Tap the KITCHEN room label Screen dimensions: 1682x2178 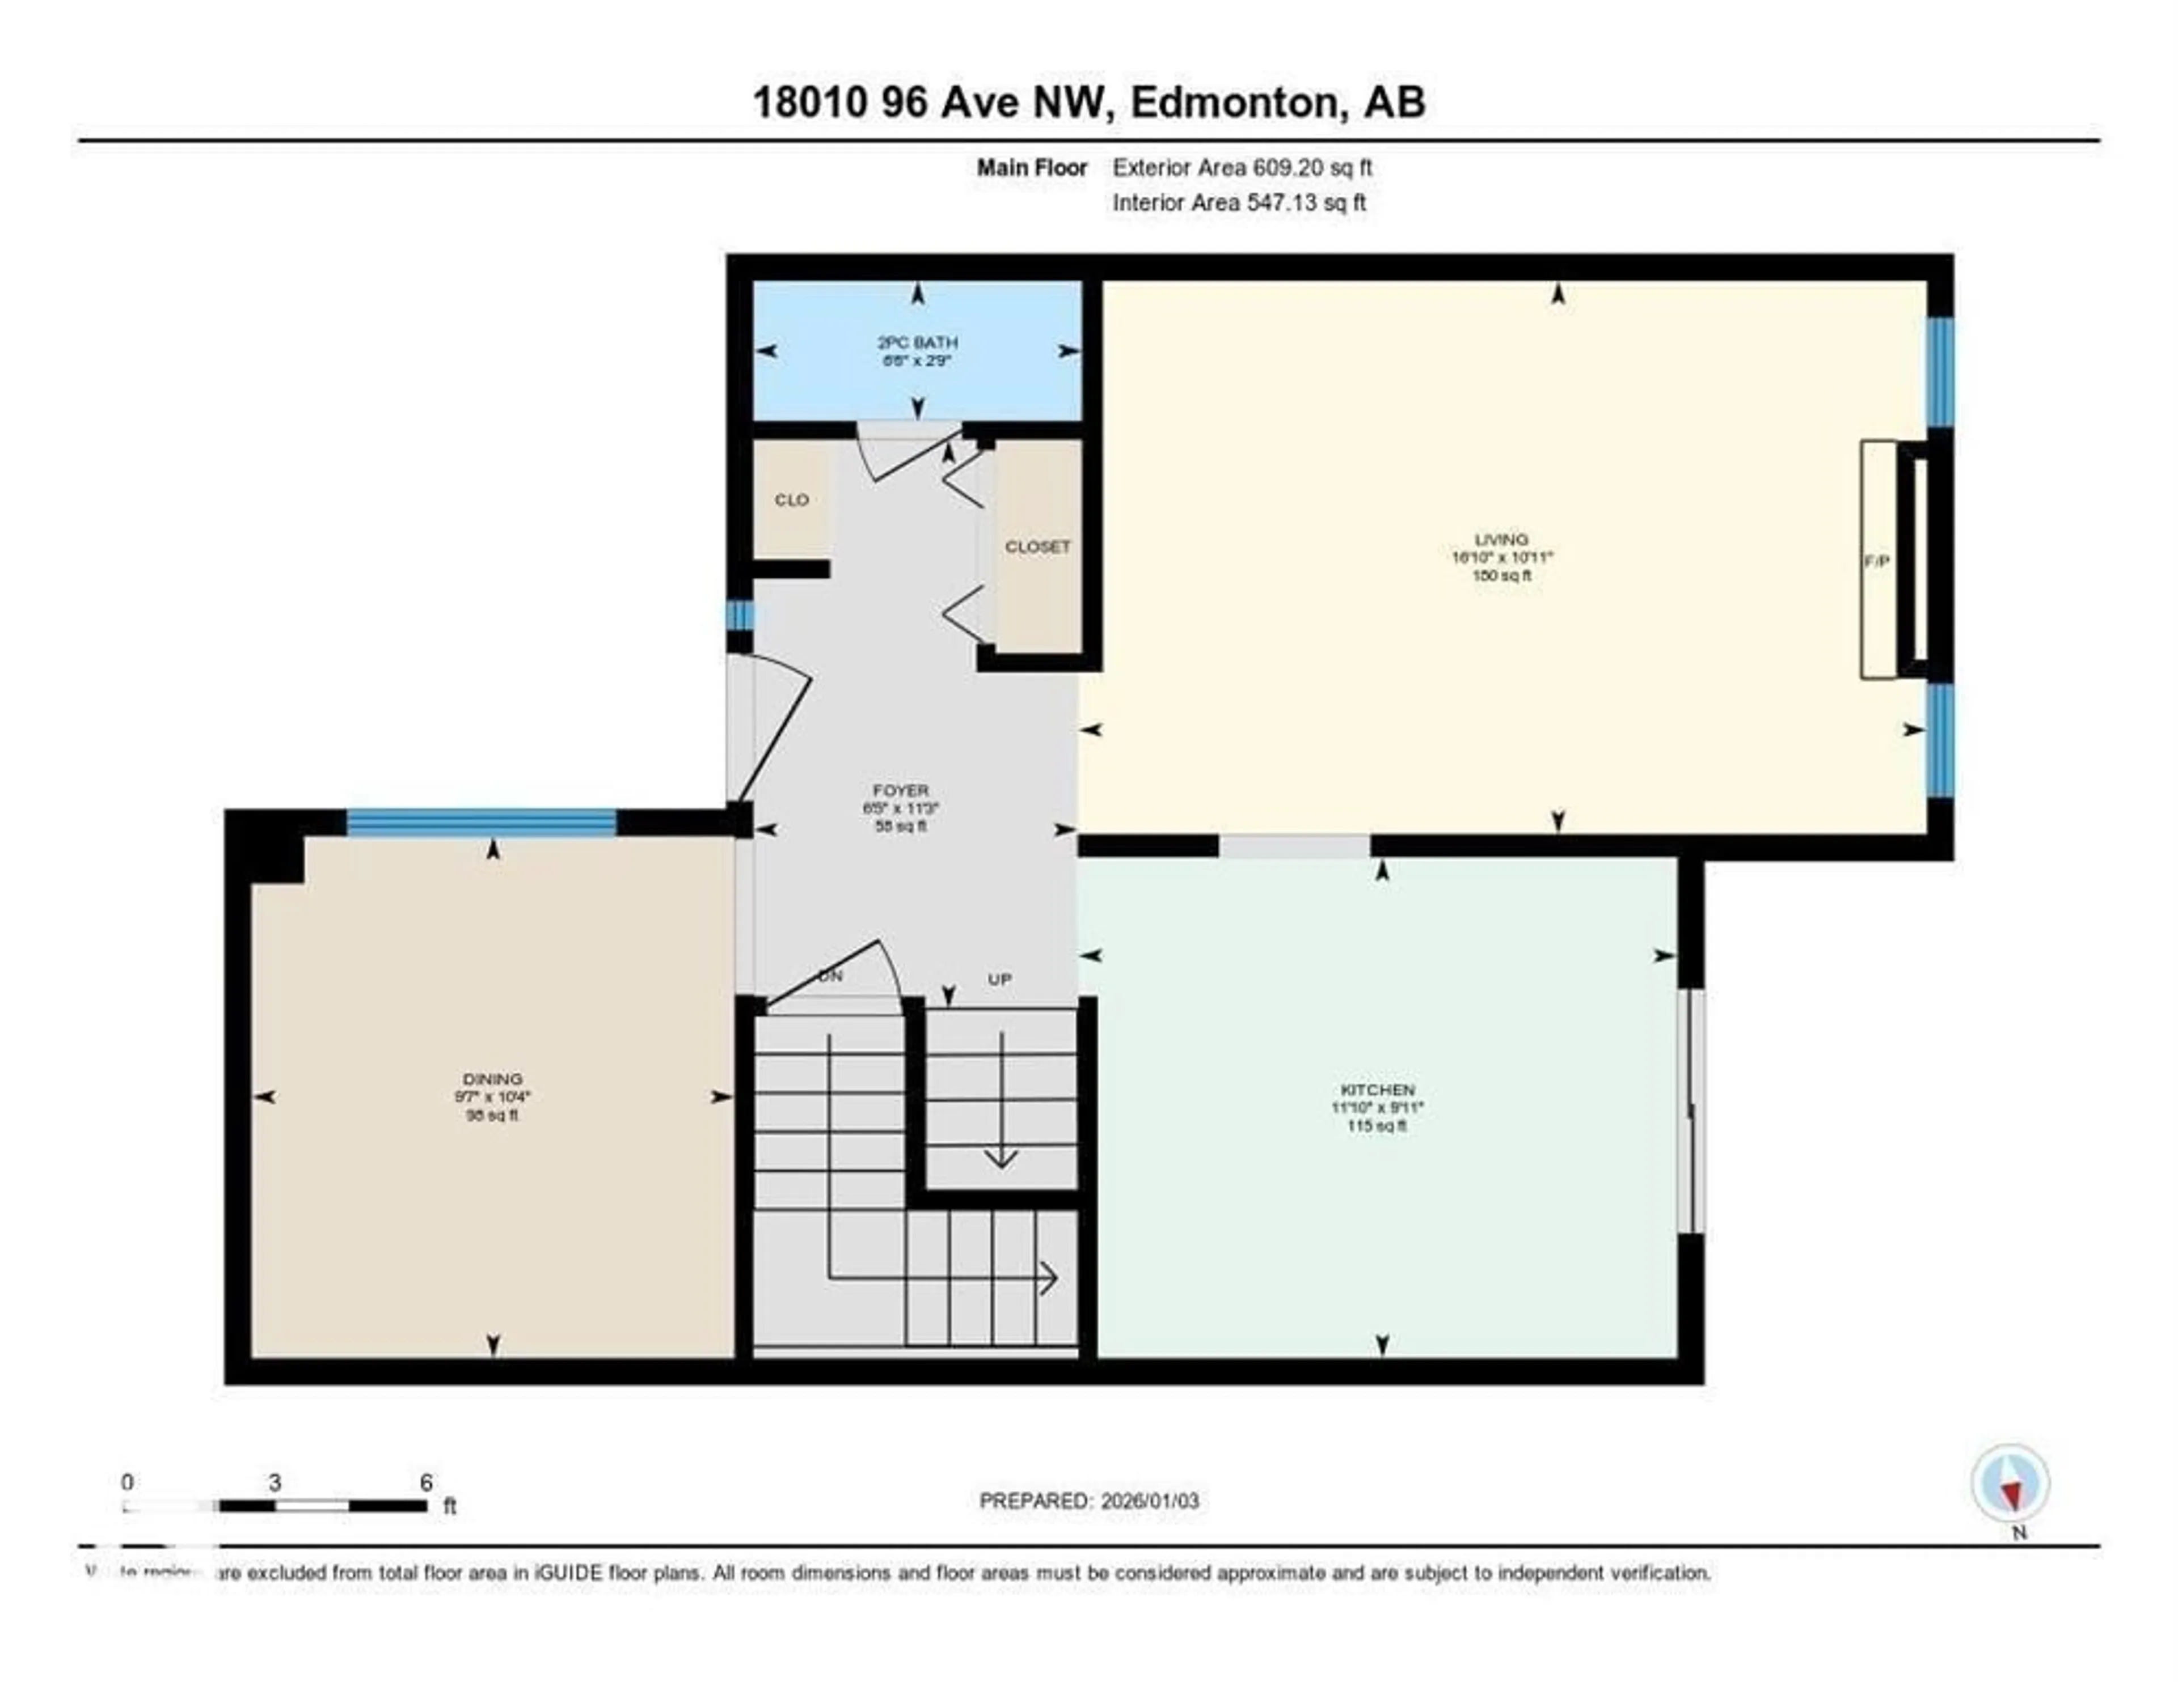point(1377,1090)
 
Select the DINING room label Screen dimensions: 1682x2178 point(493,1079)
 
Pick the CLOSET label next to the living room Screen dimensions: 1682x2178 point(1037,546)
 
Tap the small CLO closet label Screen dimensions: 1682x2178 point(792,499)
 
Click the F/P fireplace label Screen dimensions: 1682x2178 point(1877,561)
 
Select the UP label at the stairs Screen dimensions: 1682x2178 point(999,979)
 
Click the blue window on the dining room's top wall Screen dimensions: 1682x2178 point(482,821)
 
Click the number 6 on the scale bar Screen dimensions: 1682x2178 point(426,1482)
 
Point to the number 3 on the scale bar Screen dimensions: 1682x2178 point(275,1482)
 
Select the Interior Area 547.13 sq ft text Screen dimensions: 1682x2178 point(1239,202)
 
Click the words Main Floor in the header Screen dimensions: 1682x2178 point(1031,167)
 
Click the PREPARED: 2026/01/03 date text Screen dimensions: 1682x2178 point(1089,1501)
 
